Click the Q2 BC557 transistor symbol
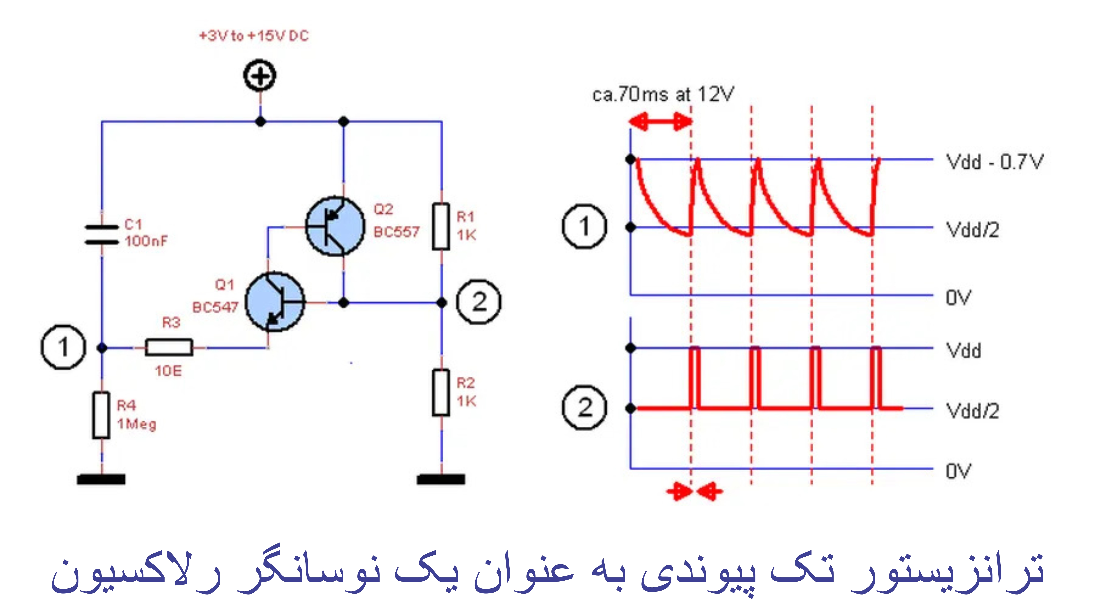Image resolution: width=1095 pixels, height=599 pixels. (335, 226)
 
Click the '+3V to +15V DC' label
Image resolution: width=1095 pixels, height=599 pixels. (254, 36)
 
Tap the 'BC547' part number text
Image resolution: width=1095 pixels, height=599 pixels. (215, 307)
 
